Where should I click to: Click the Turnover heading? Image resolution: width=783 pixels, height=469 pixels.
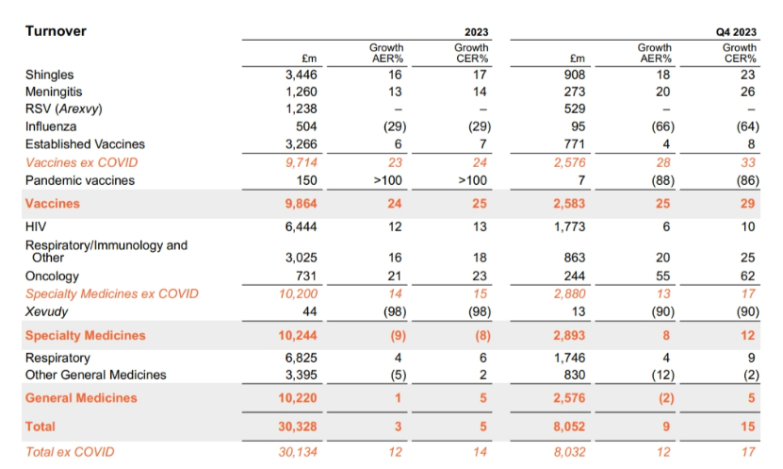click(x=56, y=31)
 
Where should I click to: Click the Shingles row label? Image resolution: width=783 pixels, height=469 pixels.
click(x=49, y=75)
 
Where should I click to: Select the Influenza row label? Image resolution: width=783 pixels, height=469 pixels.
click(x=51, y=126)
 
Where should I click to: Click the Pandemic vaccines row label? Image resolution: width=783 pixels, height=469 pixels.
click(x=80, y=179)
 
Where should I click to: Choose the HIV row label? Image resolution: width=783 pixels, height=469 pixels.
click(x=36, y=227)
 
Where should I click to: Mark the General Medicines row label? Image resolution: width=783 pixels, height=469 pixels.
click(x=81, y=398)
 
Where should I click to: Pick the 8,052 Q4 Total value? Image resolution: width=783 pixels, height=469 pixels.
click(x=567, y=427)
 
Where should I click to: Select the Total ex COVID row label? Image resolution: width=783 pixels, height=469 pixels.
click(x=70, y=452)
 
